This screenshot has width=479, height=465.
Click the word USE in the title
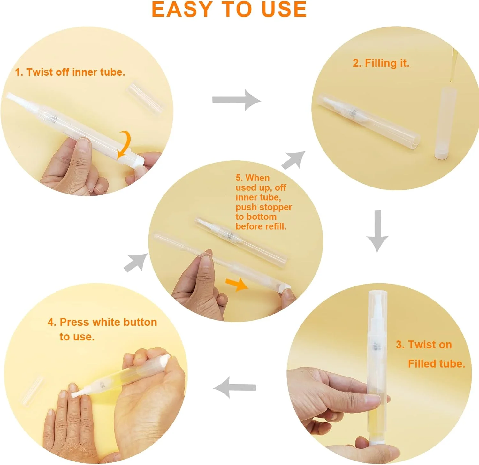point(284,9)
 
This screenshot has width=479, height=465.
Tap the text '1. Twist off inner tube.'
point(70,72)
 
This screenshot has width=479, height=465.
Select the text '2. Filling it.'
point(381,63)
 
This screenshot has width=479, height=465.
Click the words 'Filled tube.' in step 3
point(437,364)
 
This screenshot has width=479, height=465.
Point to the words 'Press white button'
point(108,322)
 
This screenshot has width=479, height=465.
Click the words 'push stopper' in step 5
point(264,207)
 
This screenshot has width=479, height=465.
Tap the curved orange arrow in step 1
point(126,144)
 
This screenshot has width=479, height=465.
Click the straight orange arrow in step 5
point(237,284)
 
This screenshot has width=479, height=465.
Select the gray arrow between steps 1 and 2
point(237,100)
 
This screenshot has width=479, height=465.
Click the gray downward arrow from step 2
point(377,231)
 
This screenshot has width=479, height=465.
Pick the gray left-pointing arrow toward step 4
point(235,387)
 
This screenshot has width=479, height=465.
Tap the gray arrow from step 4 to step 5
point(136,263)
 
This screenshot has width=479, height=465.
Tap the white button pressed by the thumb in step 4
point(165,363)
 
